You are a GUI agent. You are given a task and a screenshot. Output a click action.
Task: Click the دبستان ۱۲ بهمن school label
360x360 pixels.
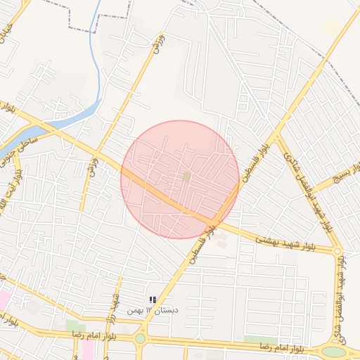[153, 310]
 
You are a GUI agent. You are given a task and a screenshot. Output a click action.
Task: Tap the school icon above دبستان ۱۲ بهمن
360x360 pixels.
[153, 300]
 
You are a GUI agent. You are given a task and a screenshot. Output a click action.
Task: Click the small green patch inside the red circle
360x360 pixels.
[186, 176]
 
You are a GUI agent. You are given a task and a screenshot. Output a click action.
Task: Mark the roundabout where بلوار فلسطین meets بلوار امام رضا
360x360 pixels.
[141, 338]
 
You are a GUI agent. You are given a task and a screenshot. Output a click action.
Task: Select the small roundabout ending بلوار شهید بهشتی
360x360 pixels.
[337, 251]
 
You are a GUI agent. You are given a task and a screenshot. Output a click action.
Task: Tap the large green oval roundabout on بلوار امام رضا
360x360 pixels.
[334, 352]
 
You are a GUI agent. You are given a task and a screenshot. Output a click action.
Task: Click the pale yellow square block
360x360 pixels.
[332, 28]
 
